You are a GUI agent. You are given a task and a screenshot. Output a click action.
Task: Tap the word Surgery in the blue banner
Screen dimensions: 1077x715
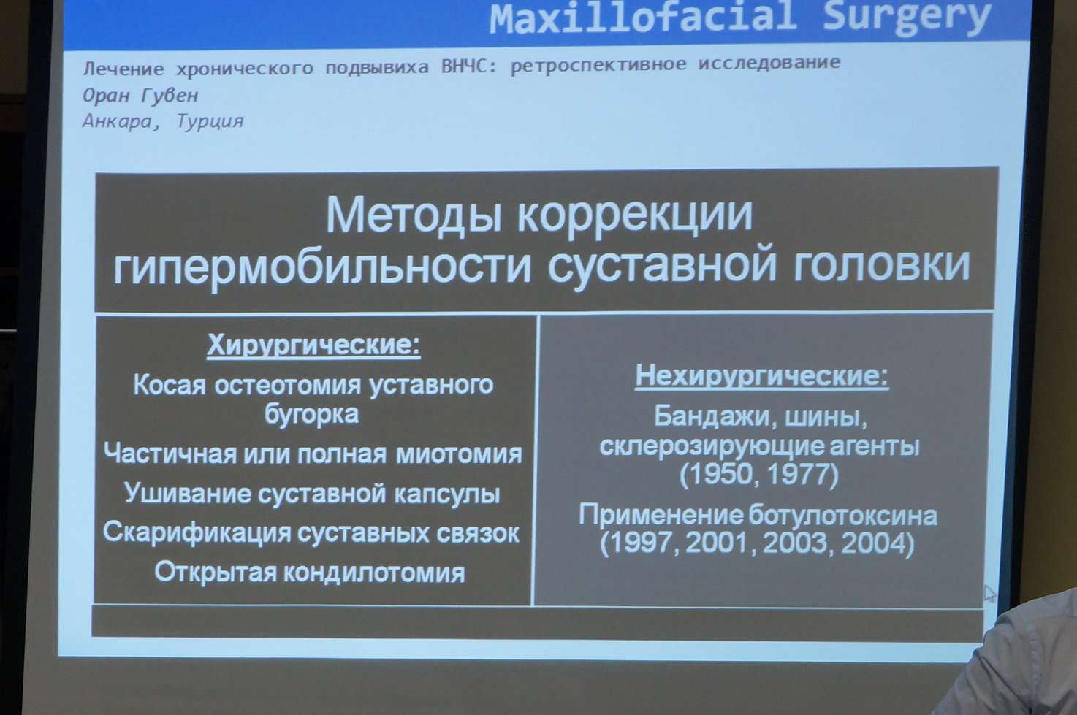click(x=906, y=19)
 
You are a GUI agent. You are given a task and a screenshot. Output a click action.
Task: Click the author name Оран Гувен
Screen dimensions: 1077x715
click(x=140, y=95)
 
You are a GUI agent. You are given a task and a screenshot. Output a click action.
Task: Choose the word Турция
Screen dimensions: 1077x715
click(x=210, y=121)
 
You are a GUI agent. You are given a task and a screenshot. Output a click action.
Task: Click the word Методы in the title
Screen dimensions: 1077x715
click(x=414, y=215)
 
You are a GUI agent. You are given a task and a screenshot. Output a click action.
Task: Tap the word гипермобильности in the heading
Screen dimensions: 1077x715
click(x=322, y=266)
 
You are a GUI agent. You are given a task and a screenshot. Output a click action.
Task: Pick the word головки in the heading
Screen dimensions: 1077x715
click(x=882, y=265)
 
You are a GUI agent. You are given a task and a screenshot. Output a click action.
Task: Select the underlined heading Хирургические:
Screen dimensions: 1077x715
click(x=313, y=345)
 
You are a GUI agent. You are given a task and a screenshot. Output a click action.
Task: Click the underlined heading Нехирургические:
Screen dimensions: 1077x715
click(x=761, y=375)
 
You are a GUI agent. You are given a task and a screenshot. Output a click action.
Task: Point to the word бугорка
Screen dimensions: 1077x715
click(x=311, y=413)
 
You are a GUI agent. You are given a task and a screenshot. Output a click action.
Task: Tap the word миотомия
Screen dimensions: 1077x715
click(x=459, y=454)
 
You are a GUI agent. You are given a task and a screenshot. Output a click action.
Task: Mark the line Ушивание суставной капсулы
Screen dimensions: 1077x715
click(x=312, y=493)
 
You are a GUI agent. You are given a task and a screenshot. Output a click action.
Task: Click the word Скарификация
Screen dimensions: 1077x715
click(x=197, y=532)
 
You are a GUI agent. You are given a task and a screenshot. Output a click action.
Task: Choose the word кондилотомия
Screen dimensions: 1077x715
click(x=373, y=573)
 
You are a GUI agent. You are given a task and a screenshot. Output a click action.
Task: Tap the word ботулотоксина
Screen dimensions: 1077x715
click(x=842, y=516)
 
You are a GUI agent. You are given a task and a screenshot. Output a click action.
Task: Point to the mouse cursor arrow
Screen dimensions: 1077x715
click(x=989, y=594)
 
